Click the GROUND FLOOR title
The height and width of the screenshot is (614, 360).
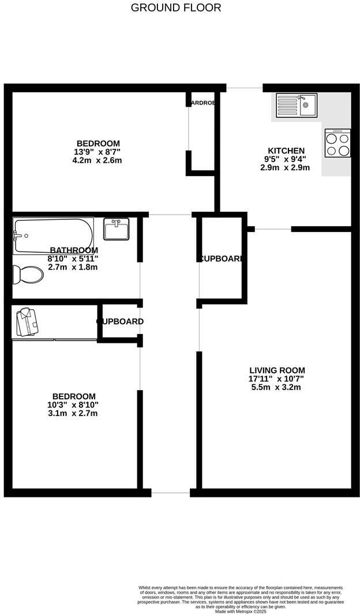[176, 8]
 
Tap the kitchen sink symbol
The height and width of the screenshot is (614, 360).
[296, 105]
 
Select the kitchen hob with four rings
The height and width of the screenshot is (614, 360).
[337, 143]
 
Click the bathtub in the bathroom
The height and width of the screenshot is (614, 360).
[53, 235]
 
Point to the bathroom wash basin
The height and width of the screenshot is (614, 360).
[116, 229]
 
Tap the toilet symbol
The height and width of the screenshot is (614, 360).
[28, 274]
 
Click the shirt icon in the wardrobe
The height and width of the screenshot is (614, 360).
[28, 321]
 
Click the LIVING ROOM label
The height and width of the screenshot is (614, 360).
[277, 370]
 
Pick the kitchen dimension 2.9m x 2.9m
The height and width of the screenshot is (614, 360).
[285, 168]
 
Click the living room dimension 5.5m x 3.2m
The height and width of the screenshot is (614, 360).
[277, 387]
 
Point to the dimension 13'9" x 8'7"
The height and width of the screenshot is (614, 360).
[99, 152]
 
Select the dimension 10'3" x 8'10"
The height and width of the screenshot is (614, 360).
[74, 405]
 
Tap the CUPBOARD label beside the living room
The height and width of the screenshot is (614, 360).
[221, 259]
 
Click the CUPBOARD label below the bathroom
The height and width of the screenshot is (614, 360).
[120, 321]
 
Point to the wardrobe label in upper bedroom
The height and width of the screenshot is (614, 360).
[202, 103]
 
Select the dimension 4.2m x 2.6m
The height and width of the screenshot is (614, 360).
[99, 160]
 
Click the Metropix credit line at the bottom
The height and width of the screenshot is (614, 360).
[241, 611]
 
